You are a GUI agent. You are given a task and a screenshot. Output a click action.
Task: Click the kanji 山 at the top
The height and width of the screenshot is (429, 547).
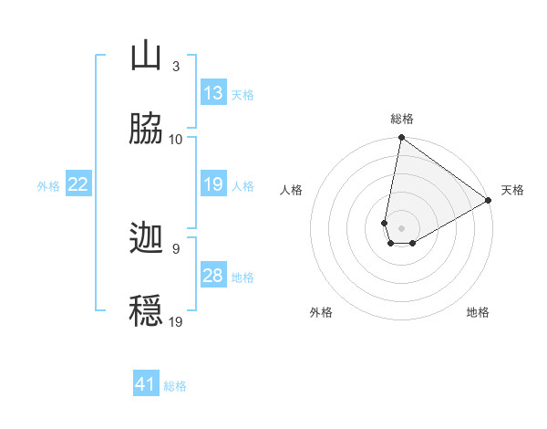pos(147,57)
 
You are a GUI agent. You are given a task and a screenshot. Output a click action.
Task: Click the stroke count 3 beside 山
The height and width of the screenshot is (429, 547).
pos(175,67)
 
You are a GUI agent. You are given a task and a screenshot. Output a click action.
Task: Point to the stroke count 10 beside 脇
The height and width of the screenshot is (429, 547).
pos(176,140)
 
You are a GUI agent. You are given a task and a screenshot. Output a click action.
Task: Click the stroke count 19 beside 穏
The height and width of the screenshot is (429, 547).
pos(176,321)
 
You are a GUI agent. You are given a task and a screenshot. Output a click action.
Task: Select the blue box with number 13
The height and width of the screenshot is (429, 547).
pos(213,93)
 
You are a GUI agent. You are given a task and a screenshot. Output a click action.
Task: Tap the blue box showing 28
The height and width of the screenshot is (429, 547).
pos(213,276)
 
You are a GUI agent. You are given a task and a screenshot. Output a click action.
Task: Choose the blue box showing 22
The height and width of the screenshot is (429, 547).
pos(77,184)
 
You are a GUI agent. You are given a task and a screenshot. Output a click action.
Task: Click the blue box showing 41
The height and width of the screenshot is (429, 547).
pos(146,384)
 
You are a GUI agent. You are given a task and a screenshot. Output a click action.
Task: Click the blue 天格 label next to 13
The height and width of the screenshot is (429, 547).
pos(243,94)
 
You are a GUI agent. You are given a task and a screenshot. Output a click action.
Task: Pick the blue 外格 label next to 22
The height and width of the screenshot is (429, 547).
pos(48,185)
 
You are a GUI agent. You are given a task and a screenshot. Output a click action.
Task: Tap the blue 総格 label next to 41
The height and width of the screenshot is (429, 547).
pos(175,385)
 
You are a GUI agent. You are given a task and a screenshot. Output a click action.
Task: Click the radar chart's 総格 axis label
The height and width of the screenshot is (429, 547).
pos(402,119)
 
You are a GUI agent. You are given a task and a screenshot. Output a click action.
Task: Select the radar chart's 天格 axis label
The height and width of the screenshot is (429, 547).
pos(513,190)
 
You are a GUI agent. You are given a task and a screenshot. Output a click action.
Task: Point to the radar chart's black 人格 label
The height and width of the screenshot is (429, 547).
pos(292,190)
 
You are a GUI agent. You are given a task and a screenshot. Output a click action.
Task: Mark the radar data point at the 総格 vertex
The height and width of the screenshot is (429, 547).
pos(401,139)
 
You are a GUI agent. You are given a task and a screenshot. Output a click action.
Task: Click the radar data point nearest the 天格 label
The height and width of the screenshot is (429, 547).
pos(490,201)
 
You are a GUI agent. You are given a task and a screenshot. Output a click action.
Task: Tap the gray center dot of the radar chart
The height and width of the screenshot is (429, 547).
pos(402,228)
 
